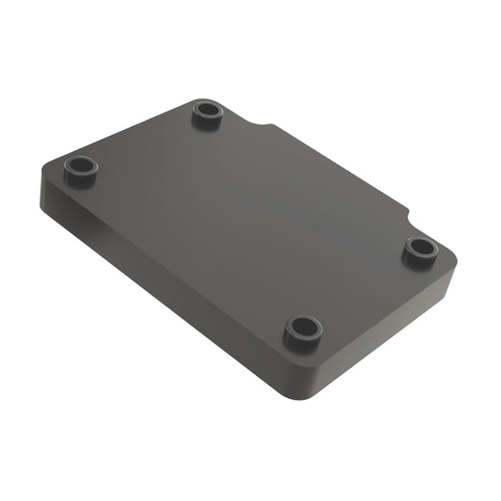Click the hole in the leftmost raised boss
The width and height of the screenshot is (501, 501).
point(81,164)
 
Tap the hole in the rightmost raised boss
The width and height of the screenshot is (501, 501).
point(421,248)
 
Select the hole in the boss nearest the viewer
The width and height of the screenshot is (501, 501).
point(303,327)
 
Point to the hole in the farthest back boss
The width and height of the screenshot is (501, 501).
point(206,110)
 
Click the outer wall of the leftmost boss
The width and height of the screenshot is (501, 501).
point(81,180)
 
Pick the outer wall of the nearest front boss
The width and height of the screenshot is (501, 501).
point(303,343)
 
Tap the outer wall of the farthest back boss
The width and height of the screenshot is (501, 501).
point(206,124)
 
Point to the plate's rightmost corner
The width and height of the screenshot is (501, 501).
point(453,259)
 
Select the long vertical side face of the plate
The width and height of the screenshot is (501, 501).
point(164,276)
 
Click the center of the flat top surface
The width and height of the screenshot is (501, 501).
point(246,220)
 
